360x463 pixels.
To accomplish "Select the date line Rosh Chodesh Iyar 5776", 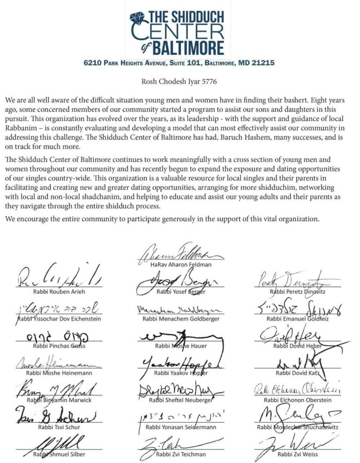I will tap(179, 82).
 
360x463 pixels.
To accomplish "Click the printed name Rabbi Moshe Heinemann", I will tap(60, 373).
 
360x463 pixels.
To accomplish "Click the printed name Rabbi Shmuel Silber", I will tap(59, 454).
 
